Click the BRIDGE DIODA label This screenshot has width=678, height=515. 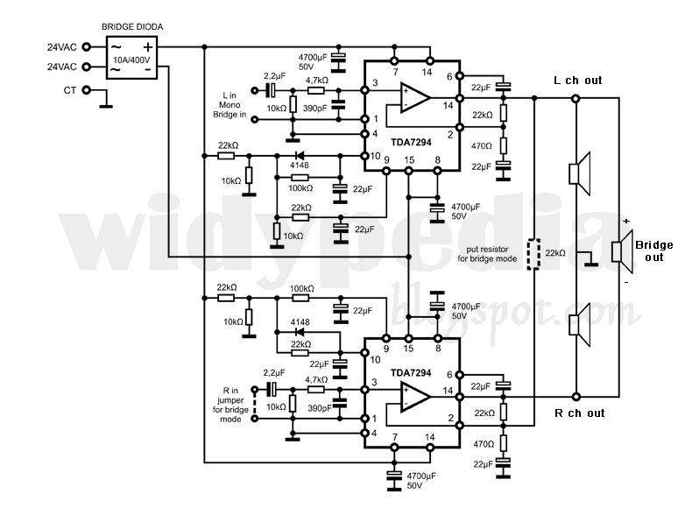(131, 27)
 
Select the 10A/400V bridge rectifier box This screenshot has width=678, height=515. (131, 58)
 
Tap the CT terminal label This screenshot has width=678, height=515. (70, 90)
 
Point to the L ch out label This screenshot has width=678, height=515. (577, 81)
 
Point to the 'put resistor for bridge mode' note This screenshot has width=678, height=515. (488, 253)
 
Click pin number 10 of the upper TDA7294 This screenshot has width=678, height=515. (375, 156)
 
